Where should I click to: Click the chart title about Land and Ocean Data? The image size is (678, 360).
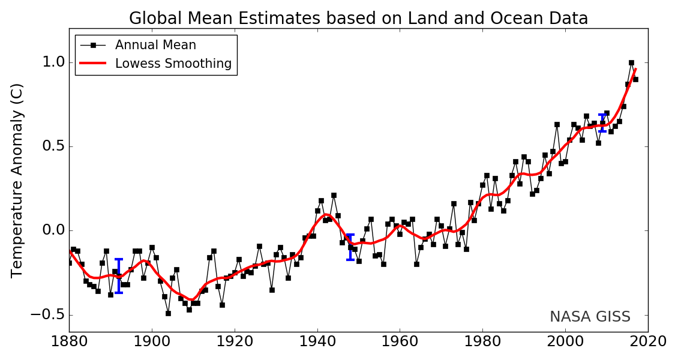[x=358, y=19]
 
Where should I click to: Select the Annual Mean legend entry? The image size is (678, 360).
[x=155, y=45]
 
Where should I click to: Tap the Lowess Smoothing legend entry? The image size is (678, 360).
[x=173, y=64]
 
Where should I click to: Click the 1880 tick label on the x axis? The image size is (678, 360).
[x=69, y=342]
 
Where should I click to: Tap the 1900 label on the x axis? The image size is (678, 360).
[x=152, y=342]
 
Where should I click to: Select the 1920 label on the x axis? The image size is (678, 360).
[x=235, y=342]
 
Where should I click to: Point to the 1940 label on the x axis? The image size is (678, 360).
[x=317, y=342]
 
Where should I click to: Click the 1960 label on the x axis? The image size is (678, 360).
[x=400, y=342]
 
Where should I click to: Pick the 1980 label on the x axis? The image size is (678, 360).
[x=482, y=342]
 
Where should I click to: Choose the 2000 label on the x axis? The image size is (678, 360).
[x=565, y=342]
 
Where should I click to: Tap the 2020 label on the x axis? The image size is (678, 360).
[x=647, y=342]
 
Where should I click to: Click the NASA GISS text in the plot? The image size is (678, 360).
[x=590, y=317]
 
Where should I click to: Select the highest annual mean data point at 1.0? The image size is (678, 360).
[x=631, y=62]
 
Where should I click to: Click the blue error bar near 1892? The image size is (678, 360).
[x=119, y=276]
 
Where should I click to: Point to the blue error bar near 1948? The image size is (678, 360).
[x=350, y=247]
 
